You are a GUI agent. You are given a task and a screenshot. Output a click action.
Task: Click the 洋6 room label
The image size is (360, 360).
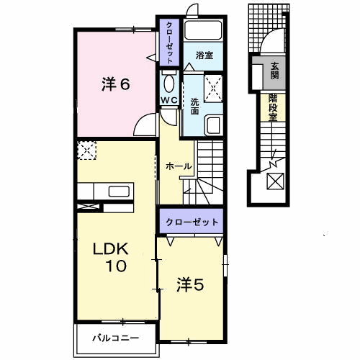114,84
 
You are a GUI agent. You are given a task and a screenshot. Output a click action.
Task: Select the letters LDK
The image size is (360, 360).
109,249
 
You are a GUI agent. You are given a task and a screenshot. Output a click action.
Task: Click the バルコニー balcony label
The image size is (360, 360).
115,337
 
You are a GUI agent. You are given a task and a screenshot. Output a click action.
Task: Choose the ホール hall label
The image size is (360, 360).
179,166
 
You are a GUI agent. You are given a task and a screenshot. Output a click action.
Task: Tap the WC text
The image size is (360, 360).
168,99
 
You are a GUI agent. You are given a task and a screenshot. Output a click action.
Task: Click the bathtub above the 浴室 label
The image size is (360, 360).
202,30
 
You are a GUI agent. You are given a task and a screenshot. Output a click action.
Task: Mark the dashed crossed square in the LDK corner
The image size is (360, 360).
86,150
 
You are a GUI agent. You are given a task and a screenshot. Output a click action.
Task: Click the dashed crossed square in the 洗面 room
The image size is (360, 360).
212,87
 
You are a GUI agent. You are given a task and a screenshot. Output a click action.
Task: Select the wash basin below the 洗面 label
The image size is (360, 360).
213,125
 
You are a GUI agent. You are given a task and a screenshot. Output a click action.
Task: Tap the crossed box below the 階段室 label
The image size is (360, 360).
276,182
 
